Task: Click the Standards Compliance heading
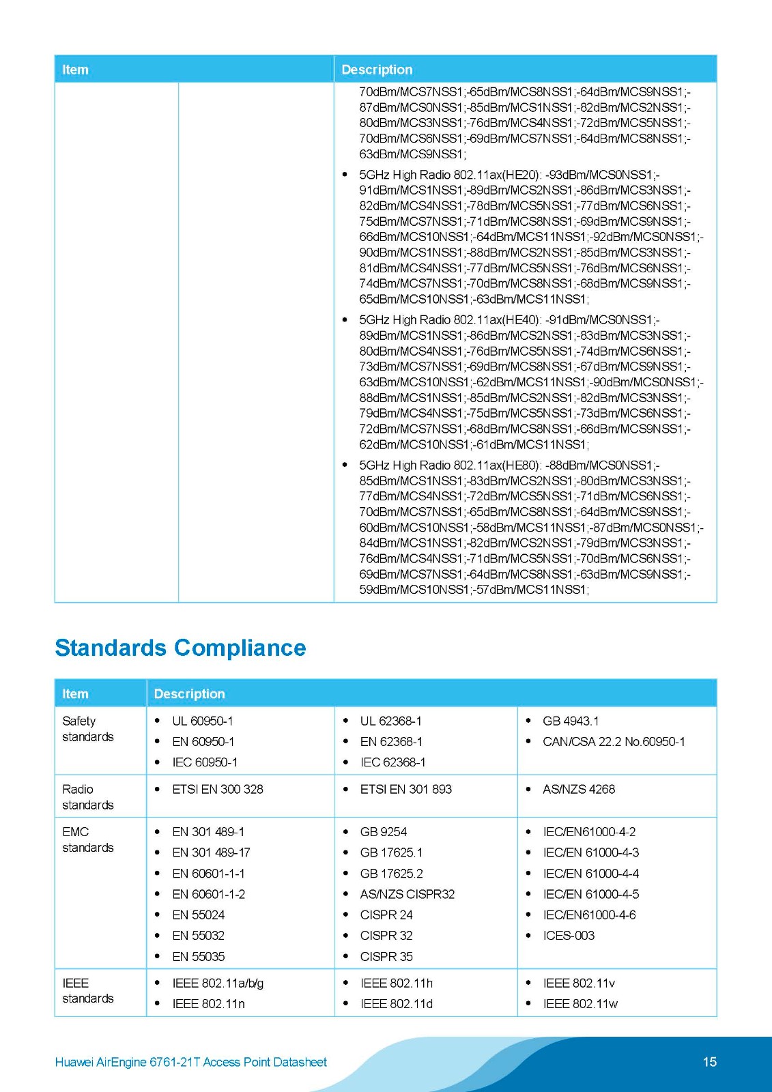coord(180,648)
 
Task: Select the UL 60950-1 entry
coord(202,721)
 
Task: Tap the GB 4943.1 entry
coord(570,721)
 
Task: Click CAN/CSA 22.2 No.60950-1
coord(614,741)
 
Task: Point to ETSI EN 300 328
coord(217,789)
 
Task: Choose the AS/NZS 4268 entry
coord(578,789)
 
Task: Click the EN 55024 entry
coord(198,915)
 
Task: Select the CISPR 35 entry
coord(386,956)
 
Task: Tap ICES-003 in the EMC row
coord(568,935)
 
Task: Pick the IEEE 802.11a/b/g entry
coord(218,983)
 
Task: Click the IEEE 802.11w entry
coord(580,1003)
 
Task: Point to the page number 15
coord(709,1061)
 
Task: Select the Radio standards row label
coord(87,796)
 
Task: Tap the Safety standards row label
coord(87,728)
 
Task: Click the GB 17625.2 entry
coord(391,873)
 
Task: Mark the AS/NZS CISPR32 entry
coord(407,894)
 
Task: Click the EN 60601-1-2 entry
coord(208,894)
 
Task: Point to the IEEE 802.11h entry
coord(396,983)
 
